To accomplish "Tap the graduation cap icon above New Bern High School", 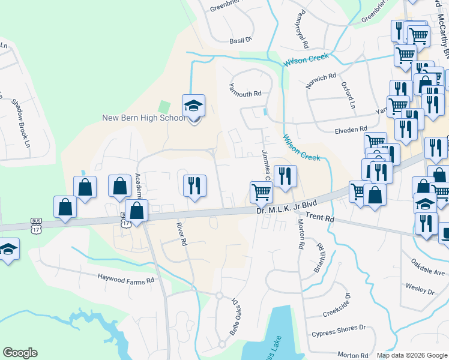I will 194,106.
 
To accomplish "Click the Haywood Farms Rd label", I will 127,278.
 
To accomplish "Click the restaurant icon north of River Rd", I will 194,185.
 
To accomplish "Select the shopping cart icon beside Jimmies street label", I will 261,192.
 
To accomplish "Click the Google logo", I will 20,353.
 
